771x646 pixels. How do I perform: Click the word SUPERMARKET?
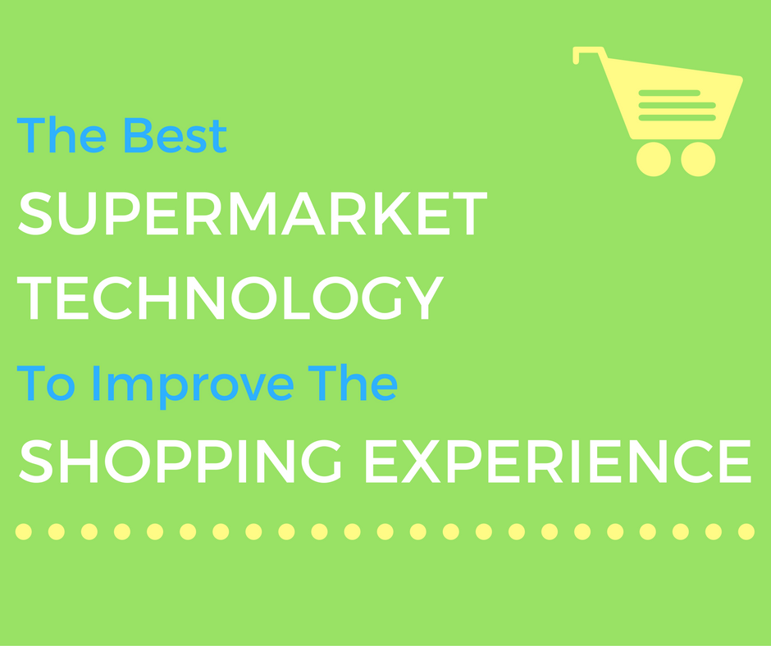point(253,213)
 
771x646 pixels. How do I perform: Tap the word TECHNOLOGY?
point(230,298)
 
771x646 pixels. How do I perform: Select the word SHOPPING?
point(180,462)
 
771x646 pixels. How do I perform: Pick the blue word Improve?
point(194,386)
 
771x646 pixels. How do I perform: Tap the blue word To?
point(46,383)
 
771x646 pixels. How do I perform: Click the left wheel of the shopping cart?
point(654,159)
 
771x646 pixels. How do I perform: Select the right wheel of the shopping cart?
point(698,159)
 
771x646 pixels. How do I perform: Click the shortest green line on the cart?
point(669,93)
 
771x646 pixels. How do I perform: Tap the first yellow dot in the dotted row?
point(24,531)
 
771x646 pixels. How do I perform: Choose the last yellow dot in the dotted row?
point(746,531)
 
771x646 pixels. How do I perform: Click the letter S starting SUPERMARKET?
point(35,213)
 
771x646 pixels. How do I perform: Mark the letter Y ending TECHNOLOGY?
point(425,298)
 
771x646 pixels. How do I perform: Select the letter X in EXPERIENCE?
point(421,462)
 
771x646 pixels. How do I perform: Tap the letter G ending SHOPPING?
point(322,462)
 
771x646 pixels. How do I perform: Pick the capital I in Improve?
point(97,383)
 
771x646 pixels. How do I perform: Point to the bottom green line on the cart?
point(677,117)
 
